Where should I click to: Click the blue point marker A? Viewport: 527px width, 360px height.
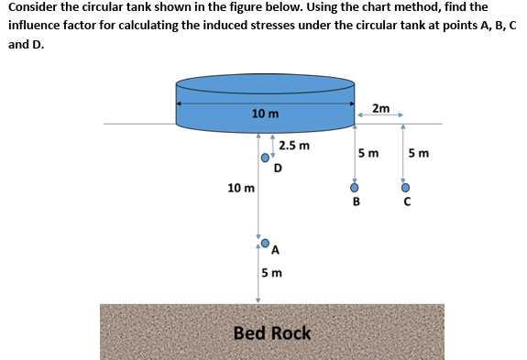coord(266,244)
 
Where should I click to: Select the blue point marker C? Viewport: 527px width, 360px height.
coord(405,189)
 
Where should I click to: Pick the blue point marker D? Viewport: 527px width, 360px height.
coord(266,158)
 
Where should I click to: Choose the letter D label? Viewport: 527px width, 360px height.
coord(278,167)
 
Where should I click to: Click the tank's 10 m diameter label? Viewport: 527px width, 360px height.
coord(266,113)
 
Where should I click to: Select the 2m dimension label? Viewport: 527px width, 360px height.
coord(382,109)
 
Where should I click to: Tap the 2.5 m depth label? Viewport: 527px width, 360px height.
coord(294,145)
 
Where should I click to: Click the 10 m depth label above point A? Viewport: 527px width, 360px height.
coord(241,188)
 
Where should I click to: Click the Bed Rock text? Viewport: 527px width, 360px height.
coord(272,333)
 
